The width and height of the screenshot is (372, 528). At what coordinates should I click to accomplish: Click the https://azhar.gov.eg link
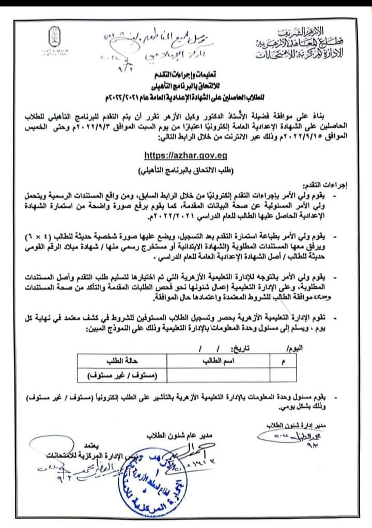[186, 154]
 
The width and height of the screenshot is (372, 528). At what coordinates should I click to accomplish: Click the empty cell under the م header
[284, 374]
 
